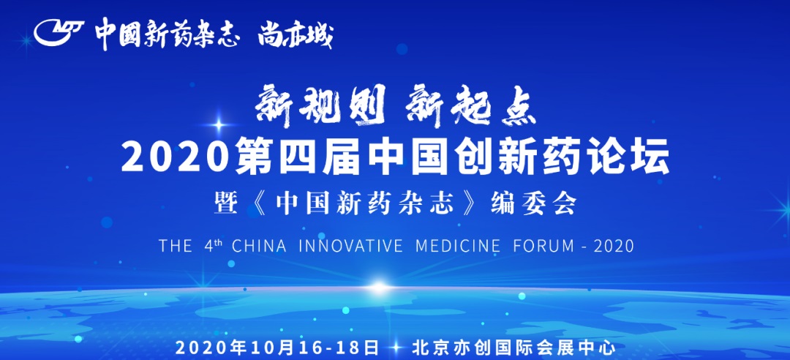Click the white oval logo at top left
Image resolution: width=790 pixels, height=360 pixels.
(x=59, y=33)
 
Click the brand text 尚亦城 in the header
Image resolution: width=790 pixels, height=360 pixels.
(x=296, y=35)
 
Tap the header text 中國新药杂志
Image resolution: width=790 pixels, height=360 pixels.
(x=167, y=34)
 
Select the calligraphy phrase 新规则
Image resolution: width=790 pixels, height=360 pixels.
(x=320, y=105)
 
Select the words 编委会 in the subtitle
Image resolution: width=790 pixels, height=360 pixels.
(x=533, y=205)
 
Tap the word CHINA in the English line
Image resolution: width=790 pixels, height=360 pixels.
(x=259, y=246)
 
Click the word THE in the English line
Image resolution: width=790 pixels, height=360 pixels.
(x=176, y=246)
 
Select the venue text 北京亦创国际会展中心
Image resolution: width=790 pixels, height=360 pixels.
(x=514, y=348)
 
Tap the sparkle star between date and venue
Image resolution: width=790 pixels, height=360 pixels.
(x=396, y=348)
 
